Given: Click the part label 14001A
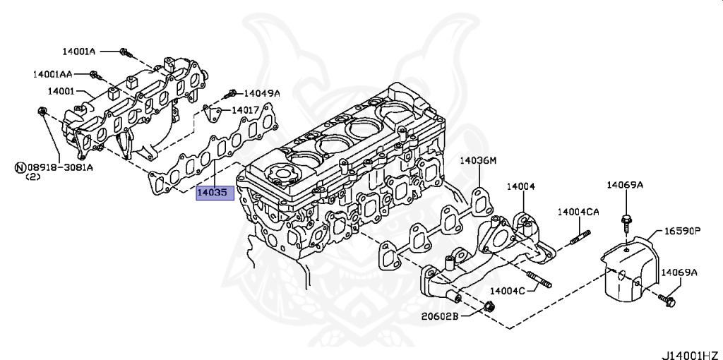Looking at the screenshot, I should (78, 52).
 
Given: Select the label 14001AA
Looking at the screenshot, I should (51, 73).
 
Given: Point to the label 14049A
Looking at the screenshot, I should (262, 92).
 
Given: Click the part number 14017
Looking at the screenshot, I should (245, 110).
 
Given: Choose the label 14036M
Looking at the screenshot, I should (479, 161).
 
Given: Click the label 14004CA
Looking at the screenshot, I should (578, 211).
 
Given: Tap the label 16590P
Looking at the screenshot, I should (681, 230).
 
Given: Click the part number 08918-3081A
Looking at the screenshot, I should (60, 168).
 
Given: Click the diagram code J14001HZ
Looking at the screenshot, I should (691, 351).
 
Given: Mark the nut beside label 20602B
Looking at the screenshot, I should (489, 306).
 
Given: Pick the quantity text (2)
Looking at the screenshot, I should (33, 178).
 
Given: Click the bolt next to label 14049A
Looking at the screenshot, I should (232, 92).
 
